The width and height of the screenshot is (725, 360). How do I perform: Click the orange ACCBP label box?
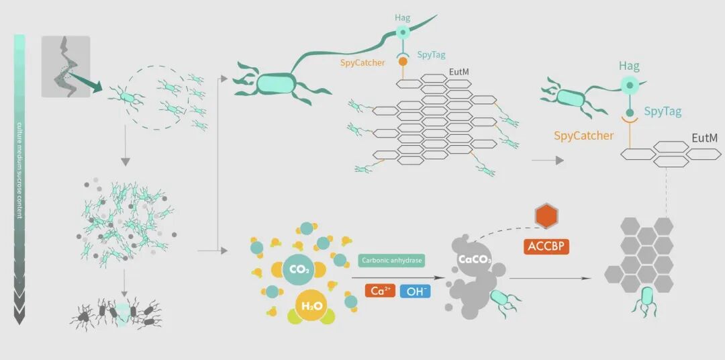[x=546, y=246]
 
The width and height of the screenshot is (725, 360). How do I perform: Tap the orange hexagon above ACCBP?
[x=546, y=216]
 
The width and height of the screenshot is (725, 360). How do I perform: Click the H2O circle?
[x=309, y=306]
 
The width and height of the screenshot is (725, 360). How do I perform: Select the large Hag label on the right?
[x=629, y=66]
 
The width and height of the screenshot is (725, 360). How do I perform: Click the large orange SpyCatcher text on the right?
[x=583, y=136]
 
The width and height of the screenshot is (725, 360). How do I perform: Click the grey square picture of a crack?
[x=65, y=66]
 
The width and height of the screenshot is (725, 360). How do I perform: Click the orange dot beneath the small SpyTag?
[x=403, y=61]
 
